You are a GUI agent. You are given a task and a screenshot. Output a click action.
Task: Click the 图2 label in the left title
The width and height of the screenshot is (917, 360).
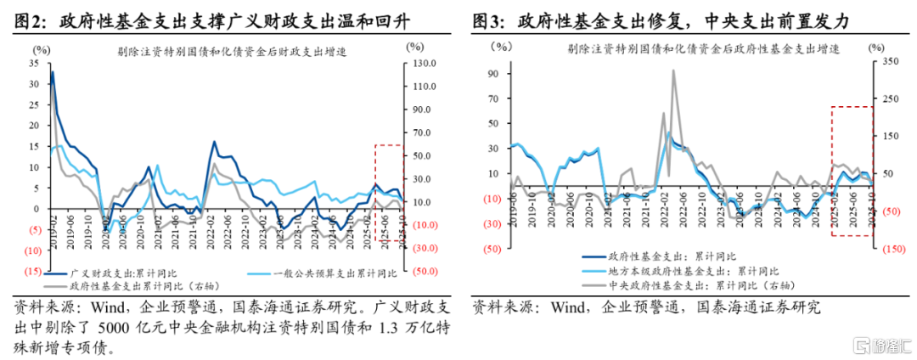tap(30, 19)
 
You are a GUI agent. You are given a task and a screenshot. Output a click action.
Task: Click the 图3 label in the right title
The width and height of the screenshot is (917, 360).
tap(488, 19)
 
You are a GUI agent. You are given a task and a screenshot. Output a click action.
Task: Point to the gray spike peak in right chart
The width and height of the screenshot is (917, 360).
tap(674, 71)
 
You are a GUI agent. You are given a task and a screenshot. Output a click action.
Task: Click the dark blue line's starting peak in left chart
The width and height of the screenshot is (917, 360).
tap(53, 73)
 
